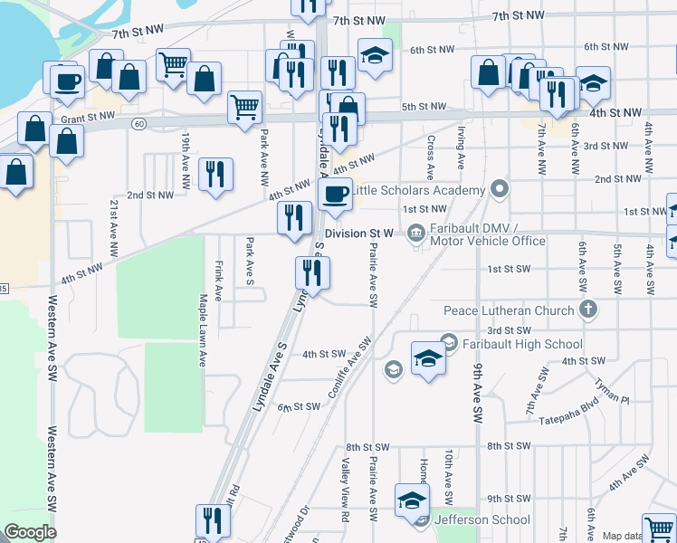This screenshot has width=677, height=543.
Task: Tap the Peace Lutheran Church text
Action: [509, 310]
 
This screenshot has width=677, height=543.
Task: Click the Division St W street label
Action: [359, 233]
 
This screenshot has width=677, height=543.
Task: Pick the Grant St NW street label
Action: [88, 118]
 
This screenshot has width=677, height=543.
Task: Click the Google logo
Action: [30, 532]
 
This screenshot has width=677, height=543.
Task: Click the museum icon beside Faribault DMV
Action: [415, 233]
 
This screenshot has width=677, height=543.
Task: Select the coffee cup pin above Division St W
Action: [335, 194]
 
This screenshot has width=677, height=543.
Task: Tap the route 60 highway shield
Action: [138, 122]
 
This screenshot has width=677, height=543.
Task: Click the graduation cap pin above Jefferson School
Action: [411, 500]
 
